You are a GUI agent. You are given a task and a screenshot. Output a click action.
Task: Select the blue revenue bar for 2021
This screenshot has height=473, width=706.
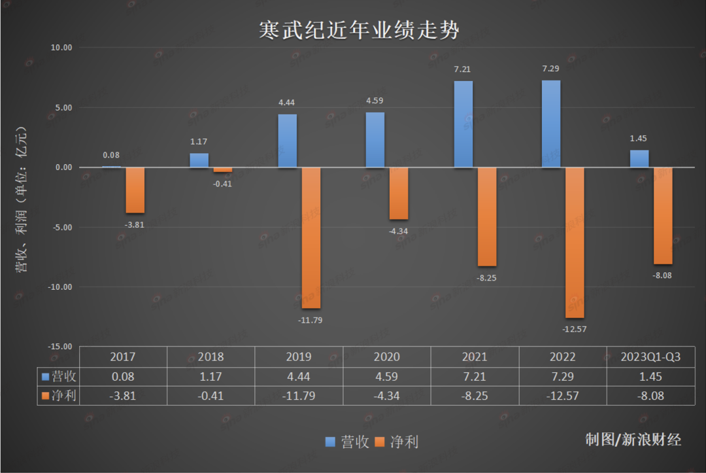point(463,124)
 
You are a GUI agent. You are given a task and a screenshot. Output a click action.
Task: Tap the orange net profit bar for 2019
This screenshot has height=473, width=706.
point(311,237)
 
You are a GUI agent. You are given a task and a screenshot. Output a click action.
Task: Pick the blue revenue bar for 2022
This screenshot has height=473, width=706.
point(550,124)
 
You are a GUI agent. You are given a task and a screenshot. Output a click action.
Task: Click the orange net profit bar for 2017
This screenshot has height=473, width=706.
point(135,190)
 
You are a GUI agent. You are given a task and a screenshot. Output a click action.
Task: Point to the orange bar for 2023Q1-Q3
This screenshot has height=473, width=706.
point(663,215)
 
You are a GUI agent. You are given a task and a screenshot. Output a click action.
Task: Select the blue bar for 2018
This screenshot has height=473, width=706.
point(199,160)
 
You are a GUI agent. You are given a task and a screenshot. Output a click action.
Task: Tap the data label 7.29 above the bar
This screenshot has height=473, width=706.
point(550,69)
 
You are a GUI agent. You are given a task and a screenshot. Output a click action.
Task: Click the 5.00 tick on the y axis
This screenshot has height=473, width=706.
point(63,108)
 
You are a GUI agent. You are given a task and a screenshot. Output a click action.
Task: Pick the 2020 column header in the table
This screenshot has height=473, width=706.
point(386,357)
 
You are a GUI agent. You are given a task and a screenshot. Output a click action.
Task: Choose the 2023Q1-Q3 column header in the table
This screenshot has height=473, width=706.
point(651,357)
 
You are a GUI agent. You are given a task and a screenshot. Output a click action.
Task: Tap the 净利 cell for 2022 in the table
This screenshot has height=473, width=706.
point(562,396)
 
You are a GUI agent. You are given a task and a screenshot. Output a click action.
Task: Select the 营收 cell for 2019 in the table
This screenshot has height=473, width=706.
point(299,377)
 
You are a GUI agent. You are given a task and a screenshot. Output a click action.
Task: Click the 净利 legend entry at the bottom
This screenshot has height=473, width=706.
point(397,442)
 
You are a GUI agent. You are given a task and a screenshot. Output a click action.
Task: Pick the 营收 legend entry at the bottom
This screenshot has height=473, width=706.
point(348,442)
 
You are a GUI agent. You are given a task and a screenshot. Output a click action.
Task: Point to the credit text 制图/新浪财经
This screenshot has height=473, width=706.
point(633,440)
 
